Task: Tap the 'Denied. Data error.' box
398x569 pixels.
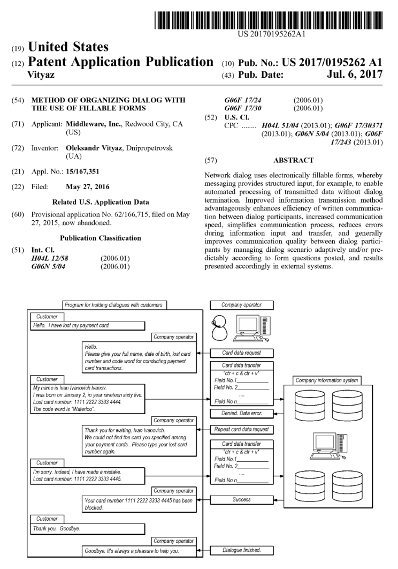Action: pyautogui.click(x=241, y=413)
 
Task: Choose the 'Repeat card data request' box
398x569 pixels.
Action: pyautogui.click(x=241, y=429)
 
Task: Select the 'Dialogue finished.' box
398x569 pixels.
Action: pyautogui.click(x=241, y=550)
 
